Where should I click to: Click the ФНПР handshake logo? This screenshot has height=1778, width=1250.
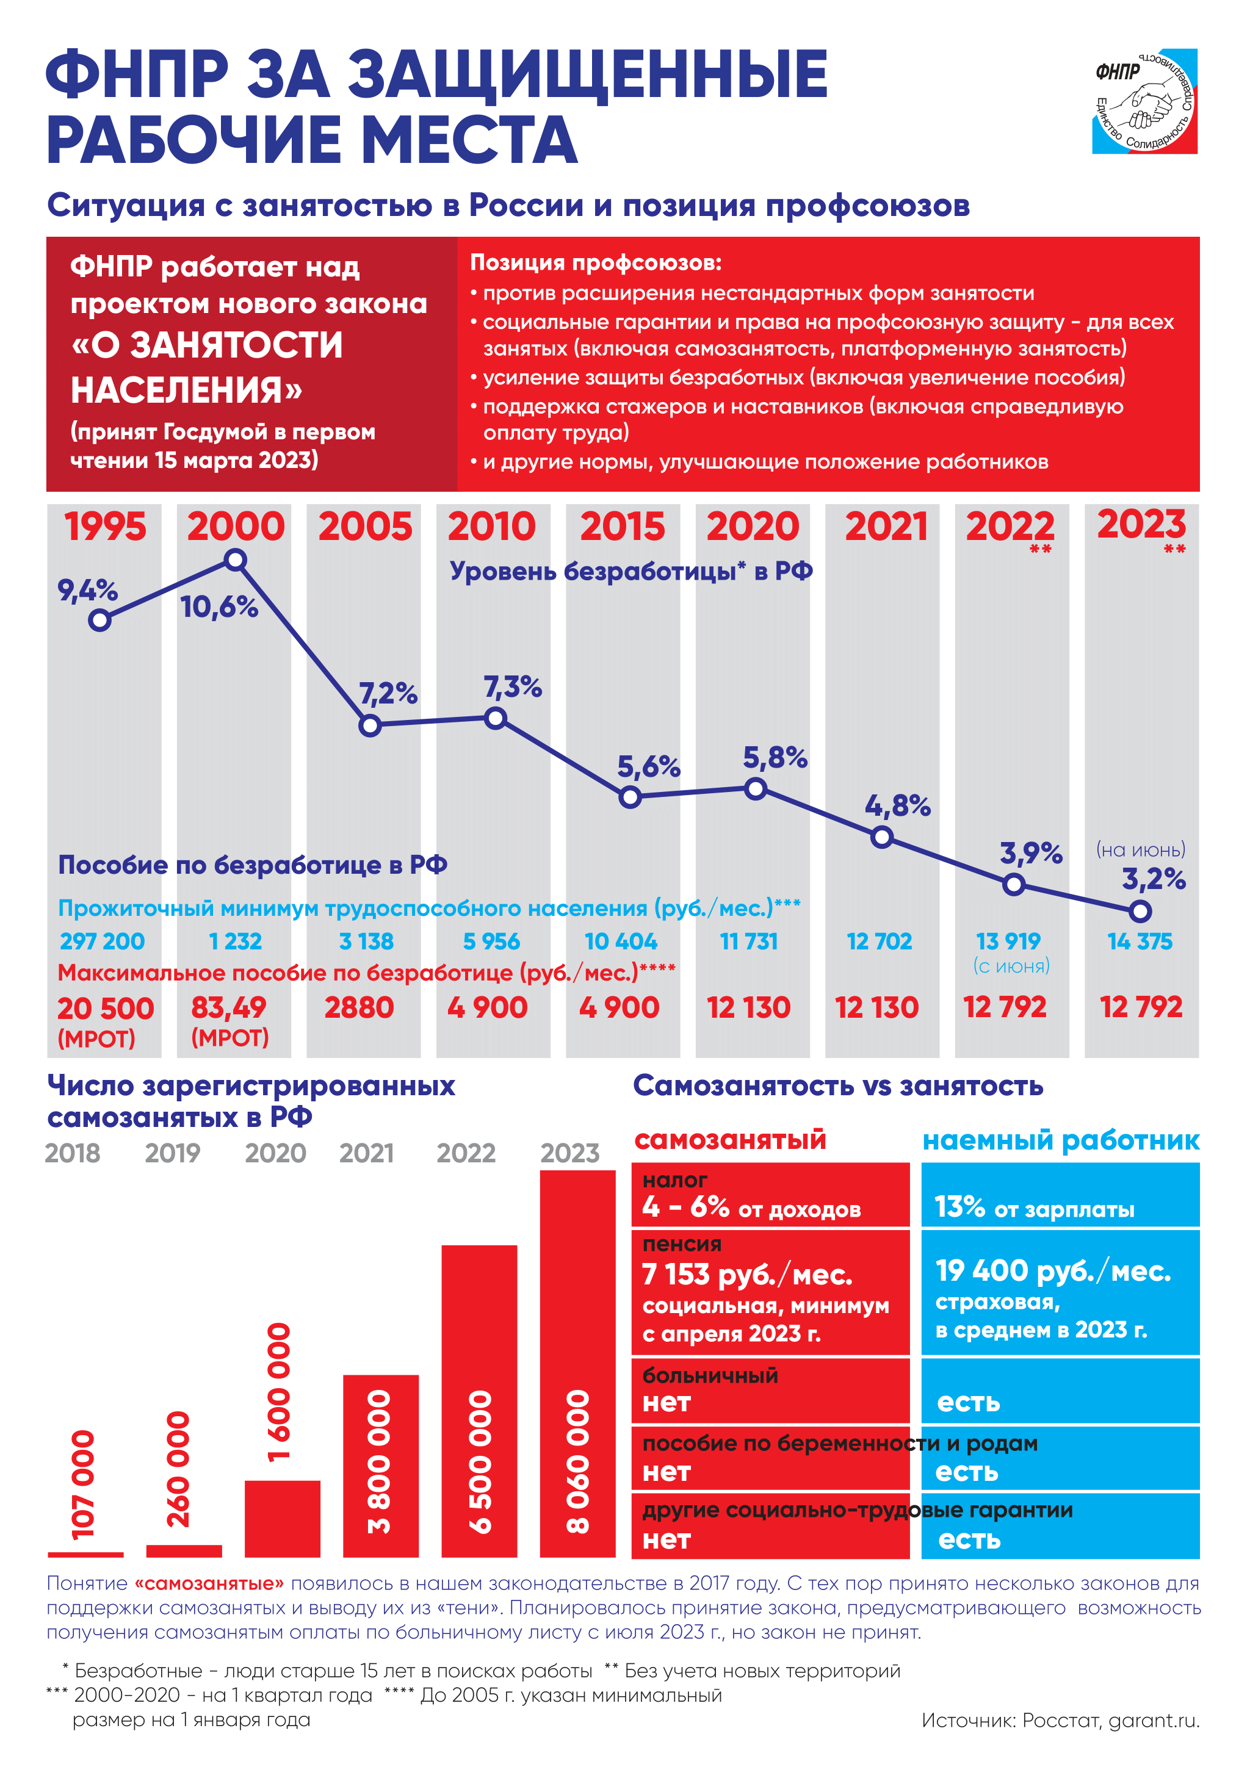pos(1144,101)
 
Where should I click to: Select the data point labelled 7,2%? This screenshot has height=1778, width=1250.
pos(370,725)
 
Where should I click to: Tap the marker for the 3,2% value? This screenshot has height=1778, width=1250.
pos(1140,912)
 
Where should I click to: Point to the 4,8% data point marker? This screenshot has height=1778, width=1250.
pos(881,837)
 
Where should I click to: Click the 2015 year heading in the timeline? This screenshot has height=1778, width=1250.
pos(623,527)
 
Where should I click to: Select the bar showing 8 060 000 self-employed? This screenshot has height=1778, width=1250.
pos(578,1364)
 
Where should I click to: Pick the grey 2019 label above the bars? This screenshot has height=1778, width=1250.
pos(173,1153)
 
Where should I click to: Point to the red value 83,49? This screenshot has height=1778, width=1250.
pos(228,1007)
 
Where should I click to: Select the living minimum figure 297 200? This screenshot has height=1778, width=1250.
pos(102,941)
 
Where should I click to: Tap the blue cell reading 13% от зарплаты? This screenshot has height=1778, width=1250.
pos(1060,1195)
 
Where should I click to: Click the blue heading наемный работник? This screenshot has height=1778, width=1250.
pos(1061,1140)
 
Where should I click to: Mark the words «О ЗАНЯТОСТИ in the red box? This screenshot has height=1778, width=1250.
pos(207,345)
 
